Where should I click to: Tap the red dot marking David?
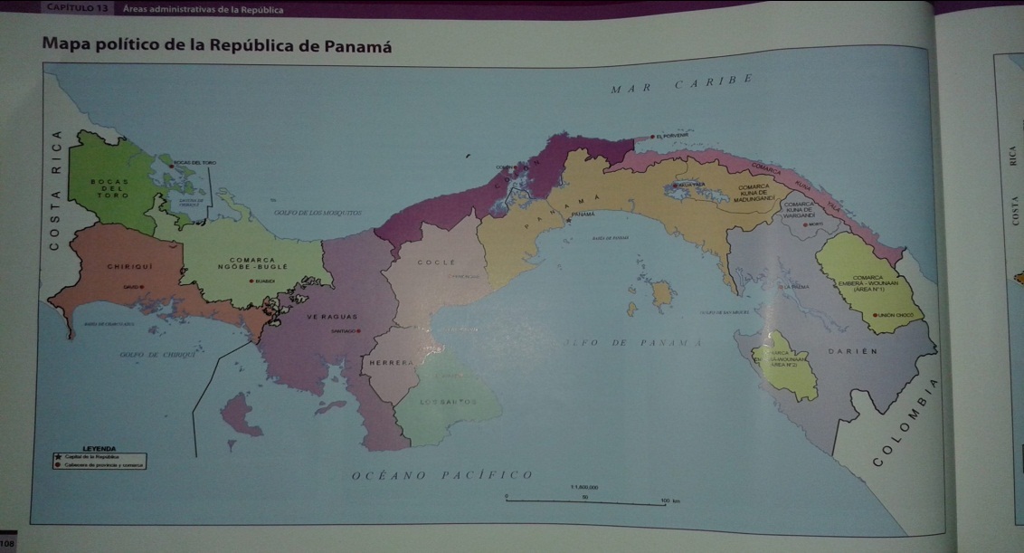pos(141,286)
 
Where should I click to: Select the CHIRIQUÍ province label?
pos(128,266)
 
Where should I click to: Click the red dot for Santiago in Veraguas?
pos(359,331)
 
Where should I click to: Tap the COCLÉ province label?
pos(431,262)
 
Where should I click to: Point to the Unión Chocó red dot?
pos(875,314)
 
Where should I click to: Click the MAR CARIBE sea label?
pos(682,86)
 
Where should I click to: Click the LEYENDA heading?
pos(100,448)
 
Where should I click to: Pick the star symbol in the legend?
pos(58,457)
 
